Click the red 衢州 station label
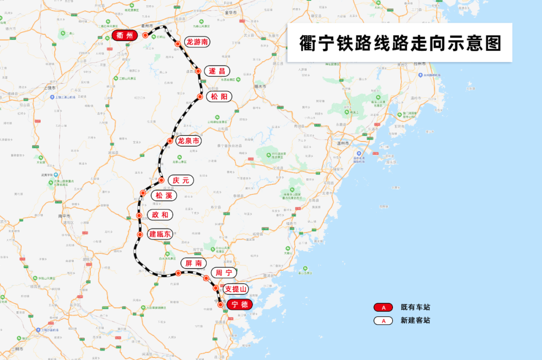(124, 35)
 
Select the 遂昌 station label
(216, 71)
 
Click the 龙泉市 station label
(189, 141)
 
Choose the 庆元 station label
(180, 180)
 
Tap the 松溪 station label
(164, 196)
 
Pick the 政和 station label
(159, 215)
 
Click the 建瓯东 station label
(160, 234)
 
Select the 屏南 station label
(193, 263)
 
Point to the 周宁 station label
(223, 273)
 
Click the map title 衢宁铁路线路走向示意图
(399, 43)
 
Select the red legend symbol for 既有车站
(384, 307)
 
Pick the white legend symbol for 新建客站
(384, 320)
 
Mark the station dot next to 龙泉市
(170, 141)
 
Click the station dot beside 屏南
(178, 273)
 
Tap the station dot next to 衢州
(145, 35)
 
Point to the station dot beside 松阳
(200, 96)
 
